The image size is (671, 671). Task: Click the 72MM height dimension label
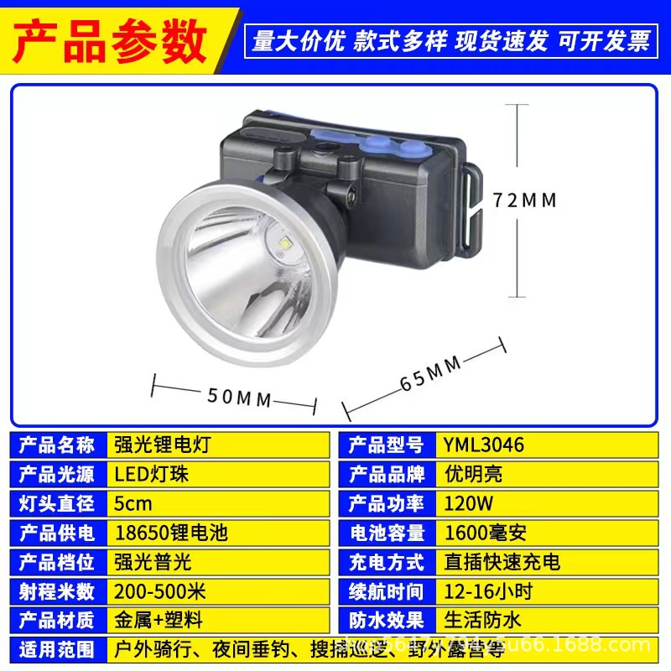[524, 200]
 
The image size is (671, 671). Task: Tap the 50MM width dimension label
[239, 398]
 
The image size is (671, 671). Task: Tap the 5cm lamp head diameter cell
[218, 503]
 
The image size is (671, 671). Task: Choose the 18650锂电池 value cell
[218, 533]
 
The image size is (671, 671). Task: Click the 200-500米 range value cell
[218, 591]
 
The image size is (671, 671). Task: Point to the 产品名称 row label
[57, 445]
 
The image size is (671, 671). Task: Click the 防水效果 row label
[387, 621]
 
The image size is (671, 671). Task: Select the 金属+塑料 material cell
[218, 621]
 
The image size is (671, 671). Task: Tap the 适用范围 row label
[57, 649]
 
